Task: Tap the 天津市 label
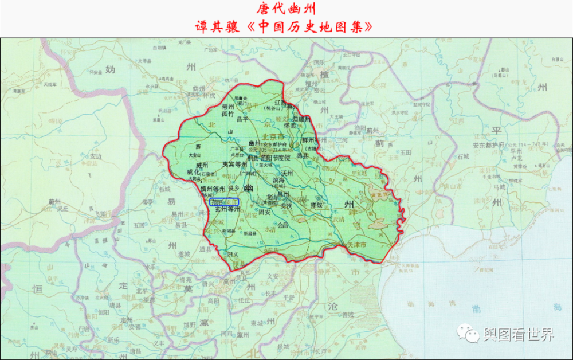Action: pos(360,245)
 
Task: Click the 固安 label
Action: pos(265,212)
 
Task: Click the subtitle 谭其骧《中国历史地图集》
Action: pos(286,26)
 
